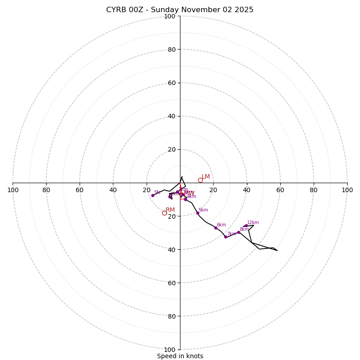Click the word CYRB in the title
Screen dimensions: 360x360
click(116, 10)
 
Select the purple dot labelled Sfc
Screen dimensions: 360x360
click(153, 195)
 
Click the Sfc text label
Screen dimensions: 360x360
click(157, 192)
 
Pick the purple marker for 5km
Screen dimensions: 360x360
click(198, 213)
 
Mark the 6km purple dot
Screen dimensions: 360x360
click(216, 228)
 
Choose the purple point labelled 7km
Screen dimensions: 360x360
click(225, 237)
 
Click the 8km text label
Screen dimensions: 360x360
click(244, 229)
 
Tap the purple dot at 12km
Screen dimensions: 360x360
click(246, 226)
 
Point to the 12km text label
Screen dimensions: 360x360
click(253, 222)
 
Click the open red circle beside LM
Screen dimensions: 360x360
click(200, 180)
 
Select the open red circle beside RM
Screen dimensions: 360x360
click(164, 213)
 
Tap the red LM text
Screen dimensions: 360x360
click(206, 177)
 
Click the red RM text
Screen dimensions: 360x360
click(170, 210)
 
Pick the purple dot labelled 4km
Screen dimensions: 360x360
click(185, 199)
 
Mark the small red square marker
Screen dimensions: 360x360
click(182, 197)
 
